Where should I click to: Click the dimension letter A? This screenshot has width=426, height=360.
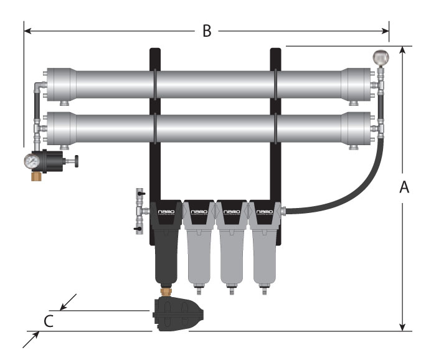click(404, 187)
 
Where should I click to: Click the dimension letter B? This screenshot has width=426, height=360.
click(207, 31)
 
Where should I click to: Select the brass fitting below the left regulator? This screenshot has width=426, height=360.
click(38, 176)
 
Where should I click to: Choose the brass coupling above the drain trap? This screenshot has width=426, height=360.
click(166, 290)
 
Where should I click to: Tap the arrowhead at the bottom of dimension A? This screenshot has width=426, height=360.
click(404, 326)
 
